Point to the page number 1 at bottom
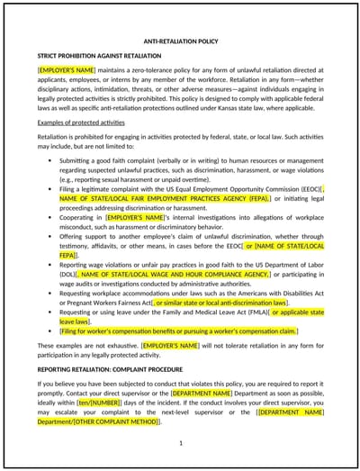coord(180,442)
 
